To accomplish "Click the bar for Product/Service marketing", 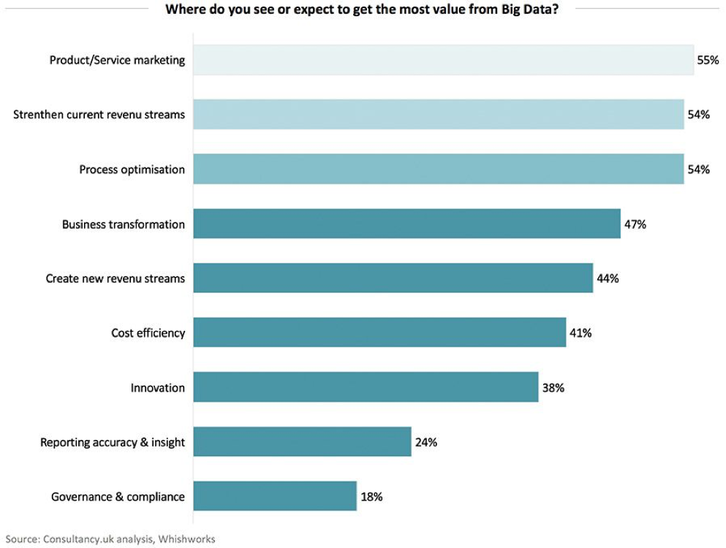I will coord(443,60).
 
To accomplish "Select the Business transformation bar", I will coord(407,224).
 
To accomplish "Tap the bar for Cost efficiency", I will coord(379,332).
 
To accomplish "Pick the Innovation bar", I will coord(366,387).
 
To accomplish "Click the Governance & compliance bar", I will coord(275,496).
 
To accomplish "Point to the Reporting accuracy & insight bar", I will coord(302,442).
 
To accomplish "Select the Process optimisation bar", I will coord(439,169).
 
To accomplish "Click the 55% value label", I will coord(708,60).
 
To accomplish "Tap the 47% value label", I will coord(635,224).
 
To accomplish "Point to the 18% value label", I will coord(371,497).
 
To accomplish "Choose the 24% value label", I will coord(426,442).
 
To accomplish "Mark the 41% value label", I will coord(581,333).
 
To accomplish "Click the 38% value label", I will coord(553,388).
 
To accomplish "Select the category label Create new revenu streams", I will coord(115,278).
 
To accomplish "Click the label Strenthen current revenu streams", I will coord(99,115).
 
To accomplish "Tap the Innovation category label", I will coord(157,388).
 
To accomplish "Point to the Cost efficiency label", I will coord(148,333).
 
